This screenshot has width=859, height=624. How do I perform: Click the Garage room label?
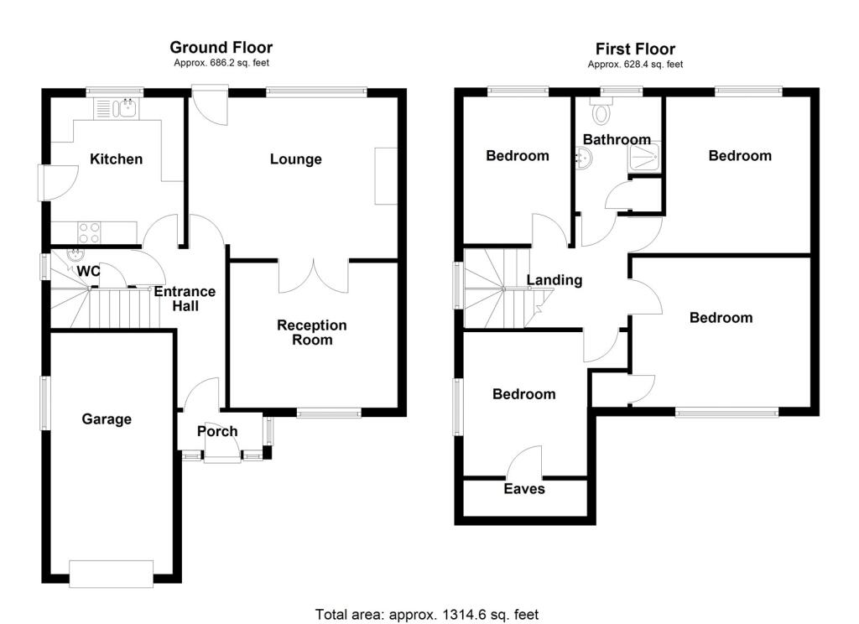coord(107,419)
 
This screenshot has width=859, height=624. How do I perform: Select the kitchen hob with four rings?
coord(89,231)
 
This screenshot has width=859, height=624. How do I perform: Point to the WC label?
coord(89,271)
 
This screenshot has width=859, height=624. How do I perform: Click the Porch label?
coord(217,431)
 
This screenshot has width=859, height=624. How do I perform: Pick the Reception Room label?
coord(312,332)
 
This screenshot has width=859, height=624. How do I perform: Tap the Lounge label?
coord(295,159)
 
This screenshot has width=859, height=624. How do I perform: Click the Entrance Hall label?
coord(185,299)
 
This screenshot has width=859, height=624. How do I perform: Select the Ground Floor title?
coord(221,48)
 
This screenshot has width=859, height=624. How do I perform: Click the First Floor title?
coord(635,49)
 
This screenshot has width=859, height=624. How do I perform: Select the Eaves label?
coord(524,488)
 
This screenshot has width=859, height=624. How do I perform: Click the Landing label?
coord(554,280)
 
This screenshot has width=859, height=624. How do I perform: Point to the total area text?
coord(427,614)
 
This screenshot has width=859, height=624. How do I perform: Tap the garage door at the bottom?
coord(112,575)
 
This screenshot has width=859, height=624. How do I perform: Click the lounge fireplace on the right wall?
coord(385,175)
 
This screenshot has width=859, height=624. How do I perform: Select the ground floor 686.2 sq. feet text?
coord(221,63)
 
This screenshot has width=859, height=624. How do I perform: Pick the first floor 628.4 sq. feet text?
coord(635,64)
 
